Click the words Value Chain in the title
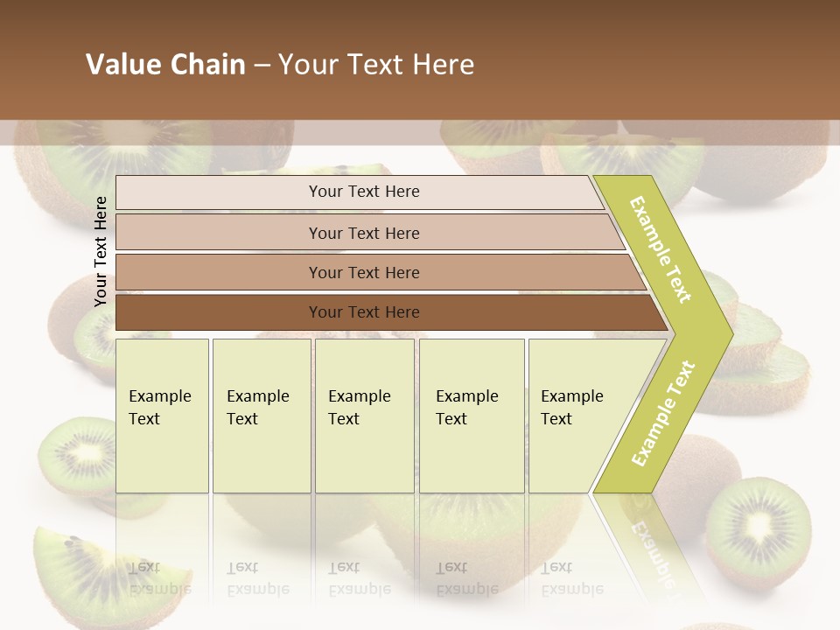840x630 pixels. [x=165, y=65]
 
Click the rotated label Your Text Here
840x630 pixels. [x=101, y=251]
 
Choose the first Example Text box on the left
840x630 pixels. [x=162, y=416]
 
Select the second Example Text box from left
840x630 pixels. [x=261, y=416]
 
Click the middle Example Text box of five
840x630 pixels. [x=364, y=416]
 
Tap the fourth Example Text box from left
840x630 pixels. [x=471, y=416]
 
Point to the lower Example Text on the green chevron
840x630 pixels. [x=663, y=413]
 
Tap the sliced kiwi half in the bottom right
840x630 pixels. [x=758, y=528]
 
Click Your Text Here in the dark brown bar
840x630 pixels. [x=364, y=312]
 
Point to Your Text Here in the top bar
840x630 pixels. [x=364, y=192]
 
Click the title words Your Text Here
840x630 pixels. [x=376, y=65]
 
